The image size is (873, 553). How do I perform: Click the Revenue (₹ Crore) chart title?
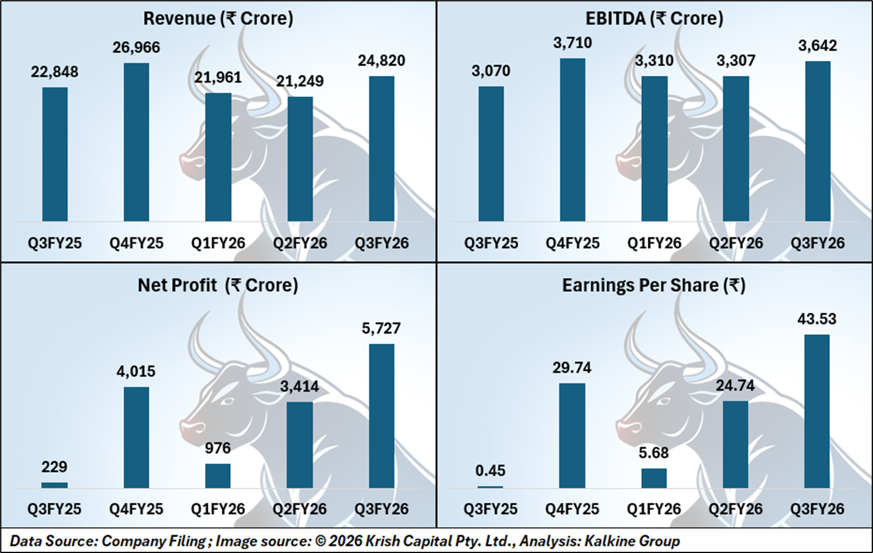(218, 19)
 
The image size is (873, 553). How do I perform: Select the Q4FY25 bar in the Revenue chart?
(136, 143)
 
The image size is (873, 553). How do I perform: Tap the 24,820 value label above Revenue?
(381, 61)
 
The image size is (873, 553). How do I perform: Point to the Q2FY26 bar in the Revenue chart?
(300, 159)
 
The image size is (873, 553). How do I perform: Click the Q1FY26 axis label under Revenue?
(218, 243)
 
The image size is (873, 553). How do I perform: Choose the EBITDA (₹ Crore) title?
(654, 19)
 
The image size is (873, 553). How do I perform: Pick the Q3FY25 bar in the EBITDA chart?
(491, 154)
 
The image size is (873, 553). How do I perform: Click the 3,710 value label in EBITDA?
(572, 43)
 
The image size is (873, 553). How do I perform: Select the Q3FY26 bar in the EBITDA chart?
(817, 141)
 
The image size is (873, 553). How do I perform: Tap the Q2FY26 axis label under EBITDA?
(736, 243)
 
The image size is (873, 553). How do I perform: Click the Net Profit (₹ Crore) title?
(218, 285)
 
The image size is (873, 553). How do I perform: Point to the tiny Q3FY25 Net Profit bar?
(55, 485)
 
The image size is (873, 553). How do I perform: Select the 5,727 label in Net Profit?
(381, 328)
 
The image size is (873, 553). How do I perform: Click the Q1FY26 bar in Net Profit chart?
(218, 476)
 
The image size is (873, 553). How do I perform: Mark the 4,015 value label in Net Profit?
(136, 371)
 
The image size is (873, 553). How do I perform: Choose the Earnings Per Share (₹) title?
(654, 285)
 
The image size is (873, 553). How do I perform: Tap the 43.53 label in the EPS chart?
(817, 319)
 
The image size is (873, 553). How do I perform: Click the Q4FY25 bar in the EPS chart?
(572, 436)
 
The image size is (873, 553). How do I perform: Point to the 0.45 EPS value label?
(490, 471)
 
